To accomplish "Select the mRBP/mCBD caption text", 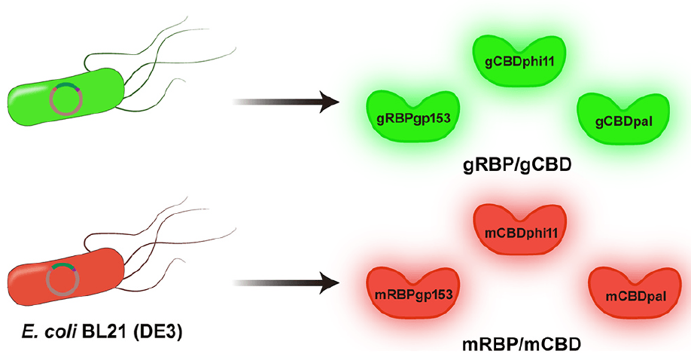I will (x=520, y=344).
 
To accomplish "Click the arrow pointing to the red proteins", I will (x=285, y=283).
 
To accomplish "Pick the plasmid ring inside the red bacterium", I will (x=63, y=279).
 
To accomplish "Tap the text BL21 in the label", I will (x=112, y=331).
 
